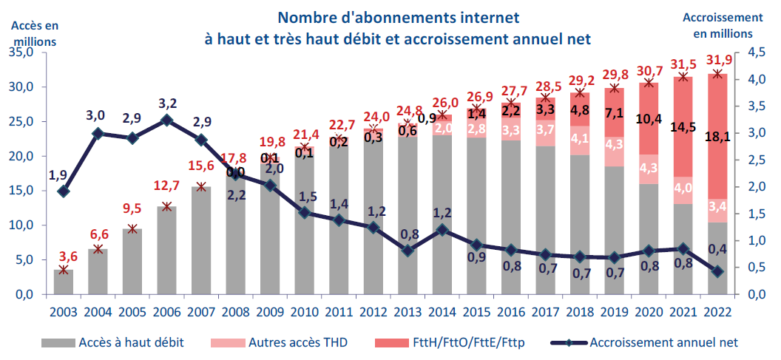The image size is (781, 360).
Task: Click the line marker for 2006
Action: click(x=166, y=120)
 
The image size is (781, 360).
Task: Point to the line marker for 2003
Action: click(x=64, y=191)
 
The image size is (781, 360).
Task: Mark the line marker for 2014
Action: click(x=442, y=230)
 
